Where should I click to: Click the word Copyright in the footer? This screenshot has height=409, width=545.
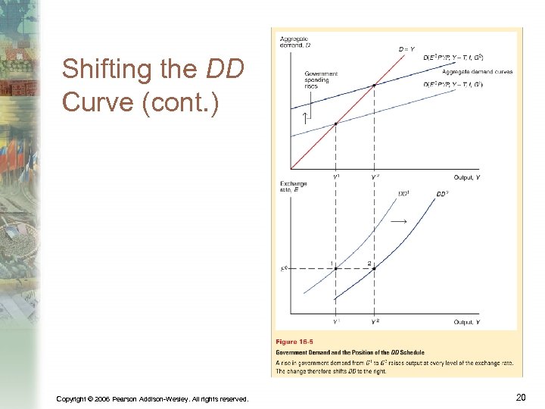[x=76, y=398]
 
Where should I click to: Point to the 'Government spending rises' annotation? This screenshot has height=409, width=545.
[x=321, y=80]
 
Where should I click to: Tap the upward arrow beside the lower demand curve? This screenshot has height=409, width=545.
[x=304, y=117]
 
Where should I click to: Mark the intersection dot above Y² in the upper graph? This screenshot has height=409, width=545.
[x=374, y=86]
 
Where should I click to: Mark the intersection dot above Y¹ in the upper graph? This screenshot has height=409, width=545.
[x=336, y=123]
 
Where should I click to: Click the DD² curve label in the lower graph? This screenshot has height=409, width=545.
[x=444, y=194]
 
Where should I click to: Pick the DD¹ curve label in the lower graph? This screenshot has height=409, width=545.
[x=404, y=193]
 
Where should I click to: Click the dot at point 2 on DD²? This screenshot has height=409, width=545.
[x=374, y=269]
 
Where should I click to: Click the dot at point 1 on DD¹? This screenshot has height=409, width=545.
[x=336, y=269]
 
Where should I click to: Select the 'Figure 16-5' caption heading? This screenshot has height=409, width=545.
[x=297, y=342]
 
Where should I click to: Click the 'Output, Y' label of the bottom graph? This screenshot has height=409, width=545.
[x=466, y=322]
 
